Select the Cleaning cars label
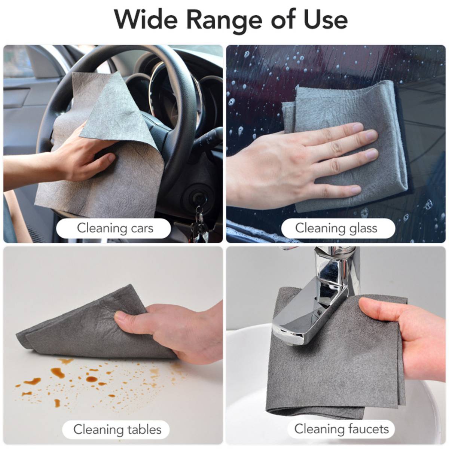tap(113, 228)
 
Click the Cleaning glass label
tap(338, 228)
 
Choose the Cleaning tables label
tap(116, 430)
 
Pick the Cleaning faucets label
tap(341, 429)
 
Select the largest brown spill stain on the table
tap(57, 372)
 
